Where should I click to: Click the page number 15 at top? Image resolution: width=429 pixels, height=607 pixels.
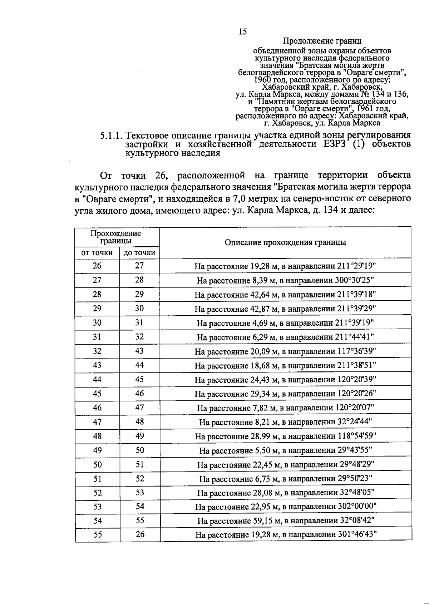[x=242, y=32]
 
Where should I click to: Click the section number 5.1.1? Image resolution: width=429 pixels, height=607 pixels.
[x=112, y=136]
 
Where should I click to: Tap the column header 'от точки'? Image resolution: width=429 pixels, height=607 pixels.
[x=97, y=253]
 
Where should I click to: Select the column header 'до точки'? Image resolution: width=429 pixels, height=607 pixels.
[x=139, y=253]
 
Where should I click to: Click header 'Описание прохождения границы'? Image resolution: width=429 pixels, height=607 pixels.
[x=285, y=242]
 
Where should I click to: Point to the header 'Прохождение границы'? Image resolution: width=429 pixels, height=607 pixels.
[x=116, y=237]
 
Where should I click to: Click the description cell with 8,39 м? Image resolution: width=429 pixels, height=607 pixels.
[x=285, y=280]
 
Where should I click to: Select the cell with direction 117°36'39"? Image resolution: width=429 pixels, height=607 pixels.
[x=285, y=351]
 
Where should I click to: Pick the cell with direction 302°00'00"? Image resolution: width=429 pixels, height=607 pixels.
[x=285, y=507]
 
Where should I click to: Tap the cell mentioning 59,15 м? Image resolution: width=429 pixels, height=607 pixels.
[x=285, y=521]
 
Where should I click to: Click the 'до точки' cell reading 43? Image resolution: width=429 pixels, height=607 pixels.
[x=139, y=351]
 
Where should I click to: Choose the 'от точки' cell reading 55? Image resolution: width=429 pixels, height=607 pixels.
[x=97, y=535]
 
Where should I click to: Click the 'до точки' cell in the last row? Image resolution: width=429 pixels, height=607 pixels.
[x=140, y=534]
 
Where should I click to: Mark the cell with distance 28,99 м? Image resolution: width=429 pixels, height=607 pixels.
[x=285, y=436]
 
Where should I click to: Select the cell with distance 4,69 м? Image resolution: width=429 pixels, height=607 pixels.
[x=285, y=323]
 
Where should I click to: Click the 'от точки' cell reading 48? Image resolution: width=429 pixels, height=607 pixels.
[x=97, y=436]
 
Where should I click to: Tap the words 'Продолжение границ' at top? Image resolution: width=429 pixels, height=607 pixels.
[x=322, y=41]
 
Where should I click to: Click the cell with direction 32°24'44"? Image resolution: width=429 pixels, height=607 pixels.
[x=285, y=422]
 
